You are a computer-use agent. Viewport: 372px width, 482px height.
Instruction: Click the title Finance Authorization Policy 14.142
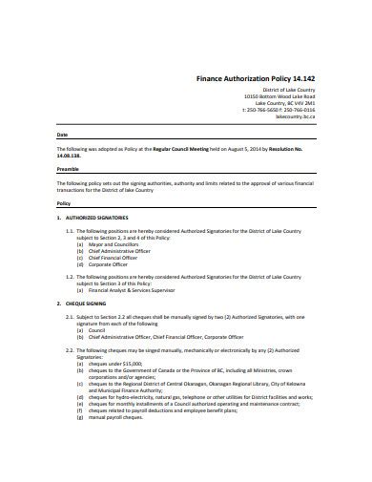[x=257, y=77]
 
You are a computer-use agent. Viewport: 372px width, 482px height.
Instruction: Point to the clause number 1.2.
[x=69, y=275]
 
